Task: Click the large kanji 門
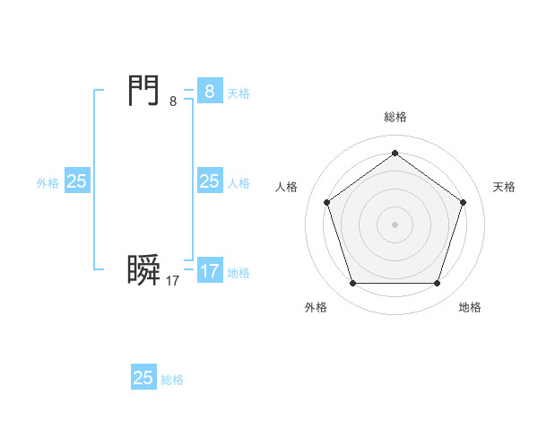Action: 144,91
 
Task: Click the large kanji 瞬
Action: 144,270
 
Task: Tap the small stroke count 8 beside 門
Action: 173,101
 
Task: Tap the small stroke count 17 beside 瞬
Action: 173,281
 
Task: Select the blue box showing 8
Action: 210,92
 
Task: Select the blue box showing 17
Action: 210,271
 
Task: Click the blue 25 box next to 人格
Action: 210,181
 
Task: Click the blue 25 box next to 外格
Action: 77,181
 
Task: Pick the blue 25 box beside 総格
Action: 143,378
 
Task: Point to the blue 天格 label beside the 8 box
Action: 239,93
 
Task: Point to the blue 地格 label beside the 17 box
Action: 239,273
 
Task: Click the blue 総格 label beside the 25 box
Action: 172,380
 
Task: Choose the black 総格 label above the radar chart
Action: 395,117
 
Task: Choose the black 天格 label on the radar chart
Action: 504,187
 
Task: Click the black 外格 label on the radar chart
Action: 316,308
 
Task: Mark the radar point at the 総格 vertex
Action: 395,153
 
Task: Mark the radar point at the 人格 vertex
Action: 326,202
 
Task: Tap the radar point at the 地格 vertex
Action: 437,283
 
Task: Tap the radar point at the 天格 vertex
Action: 463,202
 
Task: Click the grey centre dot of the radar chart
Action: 395,224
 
